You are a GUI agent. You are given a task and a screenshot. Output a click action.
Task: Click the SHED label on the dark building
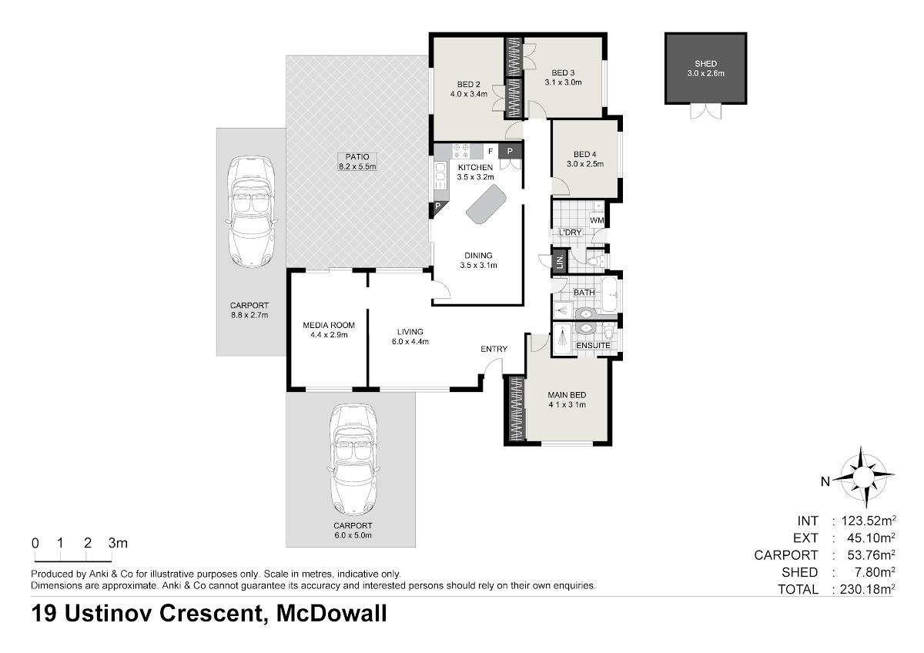(705, 64)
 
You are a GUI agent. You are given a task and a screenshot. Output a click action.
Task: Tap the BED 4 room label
(585, 154)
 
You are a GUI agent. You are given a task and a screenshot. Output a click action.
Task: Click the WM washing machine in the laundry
(597, 220)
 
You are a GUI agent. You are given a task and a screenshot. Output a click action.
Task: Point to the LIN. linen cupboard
(560, 262)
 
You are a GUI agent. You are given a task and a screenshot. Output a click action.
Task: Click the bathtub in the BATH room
(610, 294)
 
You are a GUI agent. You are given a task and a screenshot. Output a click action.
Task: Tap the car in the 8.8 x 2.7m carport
(251, 212)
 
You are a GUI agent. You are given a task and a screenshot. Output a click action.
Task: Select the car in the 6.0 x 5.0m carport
(353, 459)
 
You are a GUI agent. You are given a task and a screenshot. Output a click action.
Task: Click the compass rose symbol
(862, 477)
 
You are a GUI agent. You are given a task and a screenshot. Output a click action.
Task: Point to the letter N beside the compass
(825, 481)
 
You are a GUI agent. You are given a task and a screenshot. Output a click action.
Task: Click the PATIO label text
(357, 157)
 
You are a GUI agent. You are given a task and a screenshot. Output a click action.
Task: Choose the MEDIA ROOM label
(329, 325)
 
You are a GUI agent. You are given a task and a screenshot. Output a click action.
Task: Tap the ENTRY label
(494, 349)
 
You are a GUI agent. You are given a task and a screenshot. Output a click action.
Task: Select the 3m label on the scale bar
(118, 543)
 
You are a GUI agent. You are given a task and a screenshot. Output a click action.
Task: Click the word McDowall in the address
(331, 613)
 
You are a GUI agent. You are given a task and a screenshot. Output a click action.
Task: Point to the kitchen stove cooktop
(460, 151)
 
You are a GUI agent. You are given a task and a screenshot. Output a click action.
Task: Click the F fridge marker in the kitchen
(490, 152)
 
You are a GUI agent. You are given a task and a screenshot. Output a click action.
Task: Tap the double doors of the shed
(706, 112)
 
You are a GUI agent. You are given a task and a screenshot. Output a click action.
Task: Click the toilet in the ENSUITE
(609, 332)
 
